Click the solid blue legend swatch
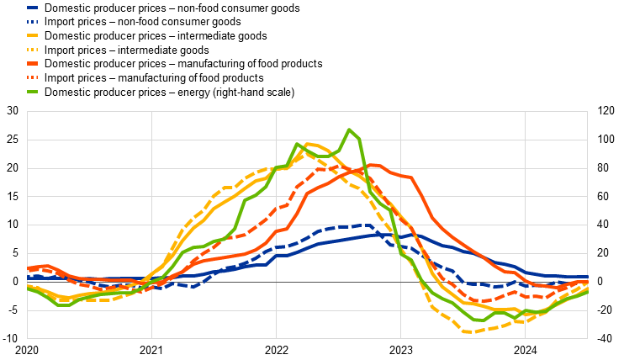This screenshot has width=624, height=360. [32, 8]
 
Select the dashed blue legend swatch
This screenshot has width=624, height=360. [32, 22]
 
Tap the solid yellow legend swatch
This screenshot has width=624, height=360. [32, 35]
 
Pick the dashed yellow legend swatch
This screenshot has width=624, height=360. [32, 50]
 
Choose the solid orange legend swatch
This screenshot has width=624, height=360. [32, 63]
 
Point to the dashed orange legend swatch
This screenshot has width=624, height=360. [32, 77]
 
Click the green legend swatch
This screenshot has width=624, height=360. [32, 92]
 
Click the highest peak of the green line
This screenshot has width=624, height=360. [349, 130]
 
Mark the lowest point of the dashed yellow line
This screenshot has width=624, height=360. [467, 332]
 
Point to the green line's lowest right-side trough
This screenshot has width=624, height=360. [479, 320]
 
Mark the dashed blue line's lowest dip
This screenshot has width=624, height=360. [193, 287]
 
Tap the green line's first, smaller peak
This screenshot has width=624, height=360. [297, 144]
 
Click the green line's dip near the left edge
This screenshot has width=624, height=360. [61, 304]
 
